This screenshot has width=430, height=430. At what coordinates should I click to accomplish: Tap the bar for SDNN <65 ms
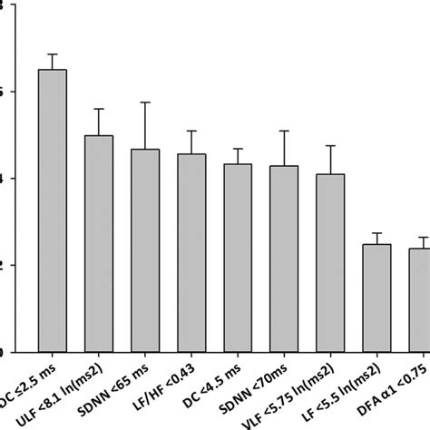point(145,250)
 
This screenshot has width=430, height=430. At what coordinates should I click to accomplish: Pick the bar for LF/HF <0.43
point(191,253)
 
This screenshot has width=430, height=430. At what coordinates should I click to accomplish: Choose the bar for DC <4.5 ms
point(238,258)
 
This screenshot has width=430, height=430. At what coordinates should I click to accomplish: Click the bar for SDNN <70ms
point(284,259)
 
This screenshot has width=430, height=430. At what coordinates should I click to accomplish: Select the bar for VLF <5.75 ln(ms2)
point(330,263)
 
